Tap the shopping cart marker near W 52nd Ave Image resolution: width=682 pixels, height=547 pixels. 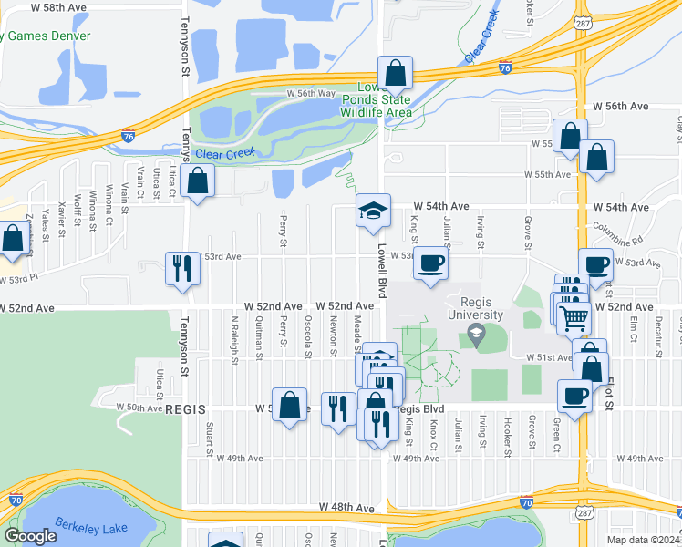coord(573,317)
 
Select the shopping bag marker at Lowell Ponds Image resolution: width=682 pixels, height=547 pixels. coord(396,73)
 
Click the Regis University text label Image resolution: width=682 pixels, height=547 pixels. coord(473,308)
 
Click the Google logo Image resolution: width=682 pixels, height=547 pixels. coord(31,536)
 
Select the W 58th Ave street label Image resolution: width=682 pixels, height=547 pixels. coord(58,7)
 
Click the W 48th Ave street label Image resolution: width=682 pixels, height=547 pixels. coord(346,507)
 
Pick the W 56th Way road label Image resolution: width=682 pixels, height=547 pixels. coord(311,93)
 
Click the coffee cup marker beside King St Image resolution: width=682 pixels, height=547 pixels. coord(431,263)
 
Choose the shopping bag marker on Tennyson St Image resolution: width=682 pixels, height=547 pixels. coord(198,181)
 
